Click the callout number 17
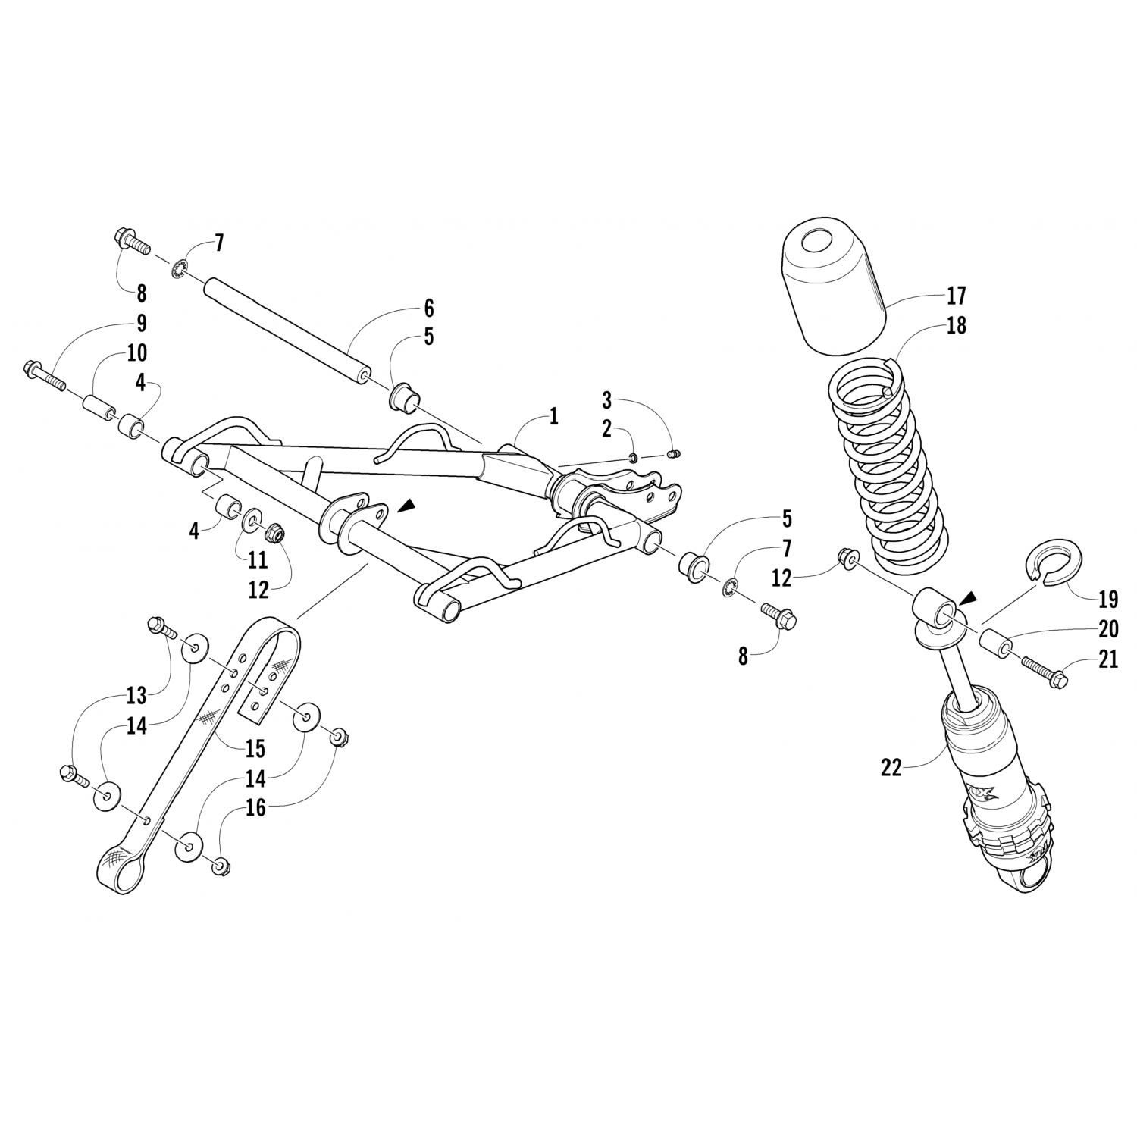coord(956,295)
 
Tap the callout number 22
coord(891,767)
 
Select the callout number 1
coord(554,416)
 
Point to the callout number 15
coord(255,749)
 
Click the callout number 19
coord(1107,600)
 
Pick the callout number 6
coord(429,309)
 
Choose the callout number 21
coord(1107,660)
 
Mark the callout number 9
coord(142,324)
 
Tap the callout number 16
coord(255,808)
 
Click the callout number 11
coord(258,560)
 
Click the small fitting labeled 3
coord(673,454)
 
